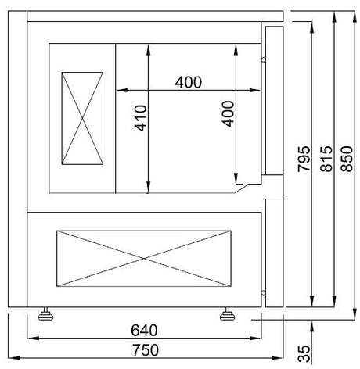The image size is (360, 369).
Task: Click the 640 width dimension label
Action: tap(144, 330)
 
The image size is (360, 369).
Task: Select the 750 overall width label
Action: tap(146, 350)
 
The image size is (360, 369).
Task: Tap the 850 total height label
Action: tap(347, 159)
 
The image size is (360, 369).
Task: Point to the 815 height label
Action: tap(326, 159)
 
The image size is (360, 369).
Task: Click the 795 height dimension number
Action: tap(304, 159)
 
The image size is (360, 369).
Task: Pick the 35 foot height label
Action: tap(304, 353)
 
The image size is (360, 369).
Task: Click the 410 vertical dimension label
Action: tap(141, 118)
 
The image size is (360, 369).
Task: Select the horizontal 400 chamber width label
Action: tap(189, 82)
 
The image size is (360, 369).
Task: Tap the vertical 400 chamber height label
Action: tap(228, 114)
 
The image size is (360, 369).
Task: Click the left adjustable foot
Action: tap(45, 314)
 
